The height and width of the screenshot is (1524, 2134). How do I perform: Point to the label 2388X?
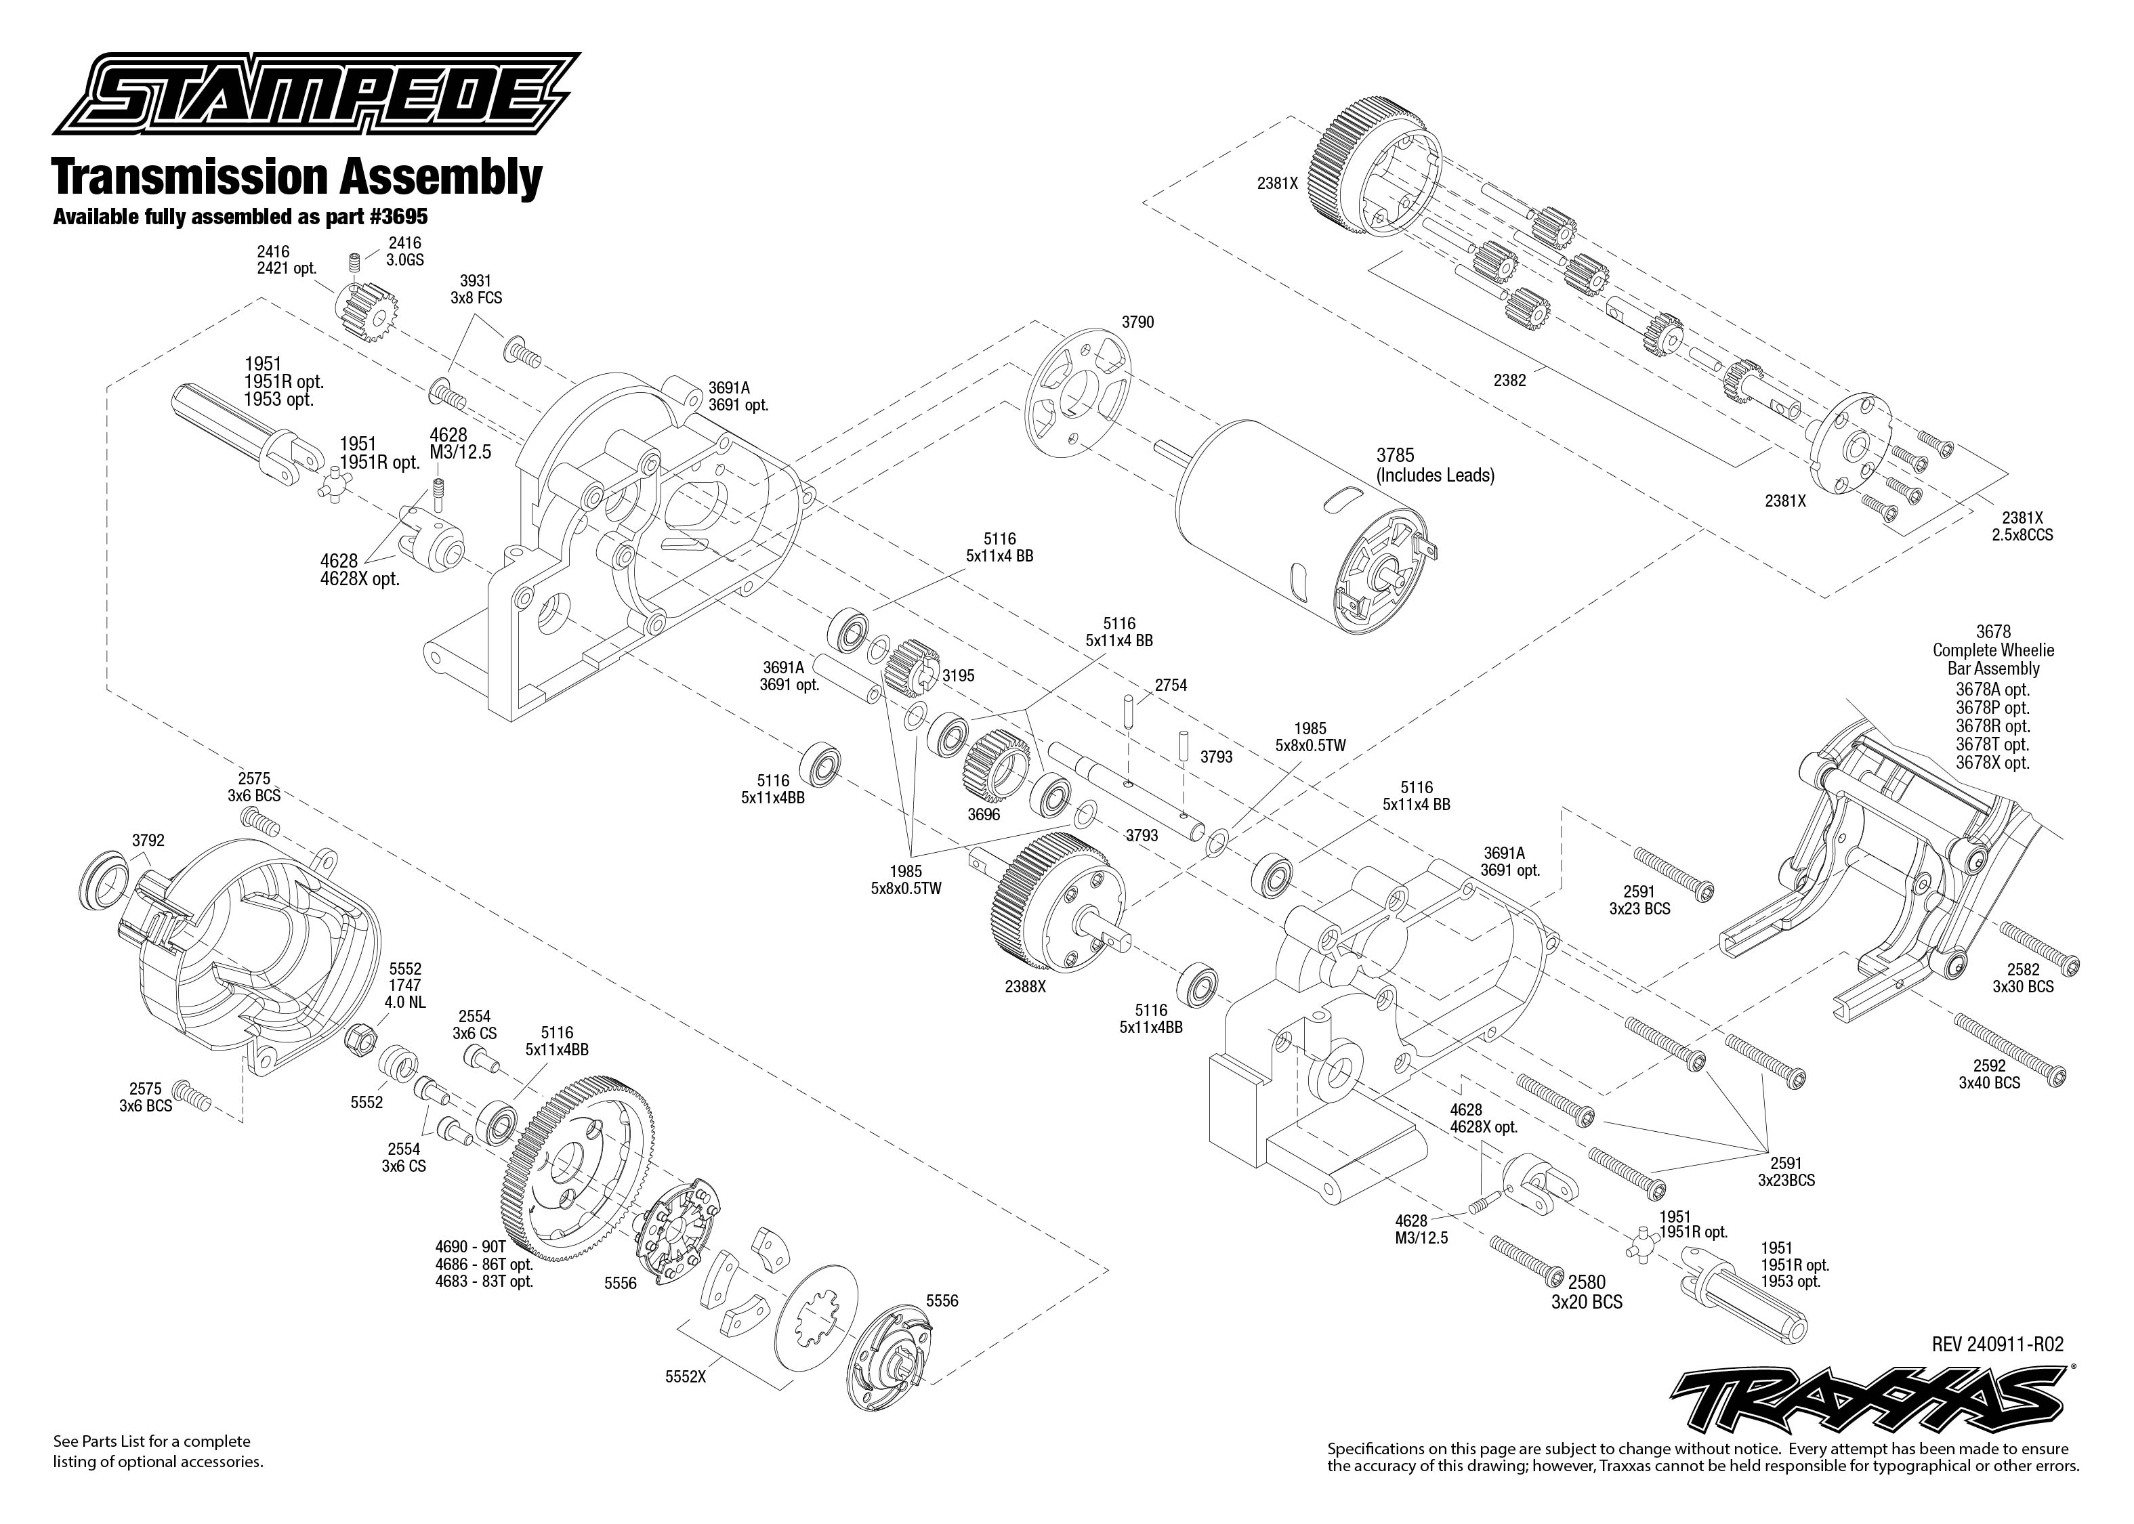point(1025,988)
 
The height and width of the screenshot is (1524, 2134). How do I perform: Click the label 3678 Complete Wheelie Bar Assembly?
point(1992,650)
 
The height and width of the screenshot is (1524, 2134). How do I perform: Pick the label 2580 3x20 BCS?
point(1586,1292)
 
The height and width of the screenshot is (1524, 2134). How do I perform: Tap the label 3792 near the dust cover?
point(148,841)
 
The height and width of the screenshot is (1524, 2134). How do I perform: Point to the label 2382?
point(1510,380)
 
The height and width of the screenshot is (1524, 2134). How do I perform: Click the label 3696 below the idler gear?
point(984,815)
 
